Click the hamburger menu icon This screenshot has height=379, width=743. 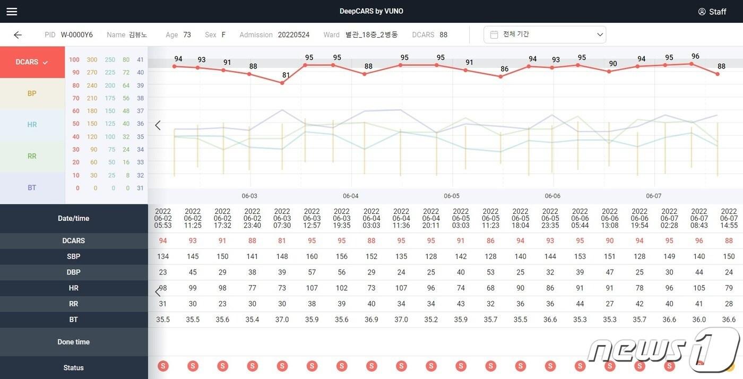[x=12, y=12]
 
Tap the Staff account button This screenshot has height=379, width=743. [x=712, y=12]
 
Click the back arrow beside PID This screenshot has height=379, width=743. [x=18, y=35]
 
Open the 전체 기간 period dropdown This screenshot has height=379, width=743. [x=545, y=35]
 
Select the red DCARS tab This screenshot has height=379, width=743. [x=32, y=62]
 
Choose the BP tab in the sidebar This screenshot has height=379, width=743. [x=32, y=93]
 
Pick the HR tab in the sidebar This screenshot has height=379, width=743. [x=32, y=125]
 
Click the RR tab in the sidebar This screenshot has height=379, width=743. [x=32, y=156]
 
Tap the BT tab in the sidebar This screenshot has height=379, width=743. [x=32, y=187]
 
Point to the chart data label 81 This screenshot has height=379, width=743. [x=286, y=75]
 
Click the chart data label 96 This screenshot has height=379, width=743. [x=695, y=56]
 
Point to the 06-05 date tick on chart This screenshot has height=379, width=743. [x=452, y=196]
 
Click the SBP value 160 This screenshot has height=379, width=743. [x=312, y=256]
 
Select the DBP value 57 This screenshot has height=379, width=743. [x=312, y=272]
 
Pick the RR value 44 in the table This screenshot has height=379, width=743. [x=580, y=304]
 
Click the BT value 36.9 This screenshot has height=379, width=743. [x=371, y=320]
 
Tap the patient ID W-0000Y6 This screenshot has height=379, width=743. [x=76, y=35]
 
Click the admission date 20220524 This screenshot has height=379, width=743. [x=293, y=35]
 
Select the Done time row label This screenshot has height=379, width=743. [x=74, y=342]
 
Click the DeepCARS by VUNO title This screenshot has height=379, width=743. [x=371, y=11]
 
